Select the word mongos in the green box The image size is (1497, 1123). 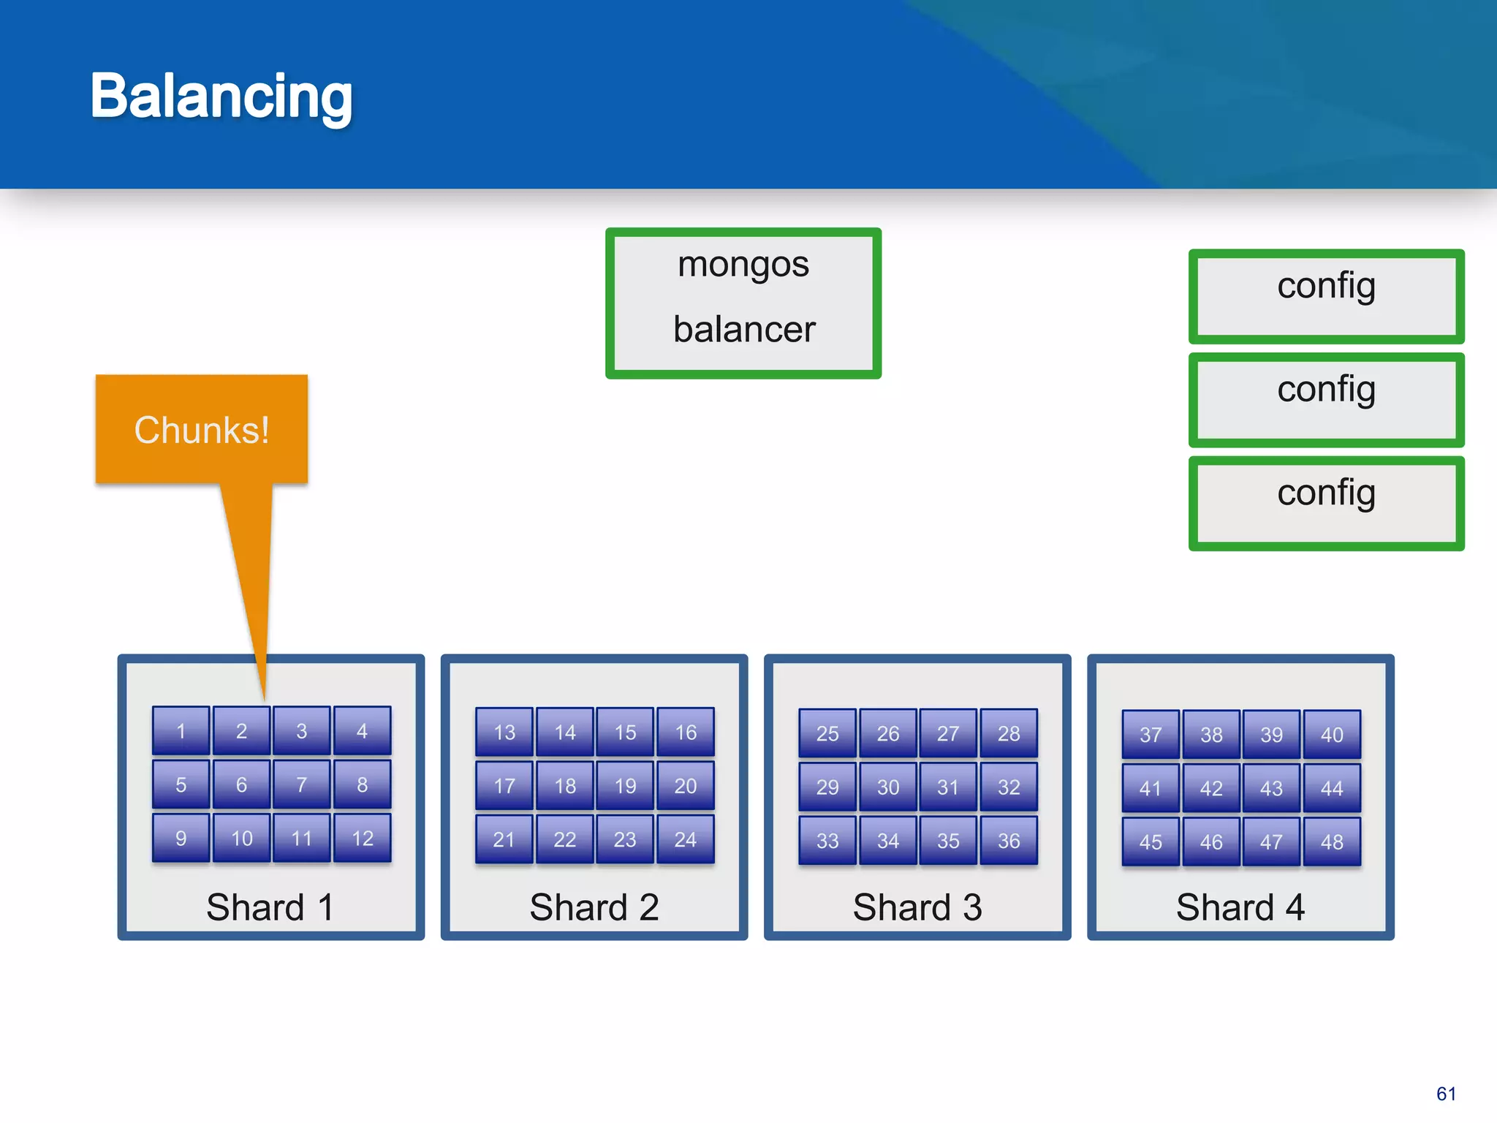pos(743,264)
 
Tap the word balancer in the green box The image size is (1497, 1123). pos(743,329)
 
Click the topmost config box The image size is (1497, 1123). pos(1326,296)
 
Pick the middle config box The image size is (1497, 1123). pos(1326,400)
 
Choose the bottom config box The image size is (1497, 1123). pos(1326,503)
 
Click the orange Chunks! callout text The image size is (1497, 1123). pos(202,429)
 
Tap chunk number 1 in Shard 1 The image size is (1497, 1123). pos(181,730)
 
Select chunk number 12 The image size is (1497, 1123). pos(363,838)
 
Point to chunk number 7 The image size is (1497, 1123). pos(302,784)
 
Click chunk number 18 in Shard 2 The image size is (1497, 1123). pos(565,786)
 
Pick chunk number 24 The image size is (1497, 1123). pos(686,839)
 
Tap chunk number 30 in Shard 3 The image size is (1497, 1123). pos(888,787)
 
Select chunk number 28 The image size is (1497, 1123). pos(1009,733)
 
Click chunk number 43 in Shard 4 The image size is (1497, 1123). pos(1271,788)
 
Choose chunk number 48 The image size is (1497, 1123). pos(1332,842)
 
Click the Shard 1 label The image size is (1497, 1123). pos(270,907)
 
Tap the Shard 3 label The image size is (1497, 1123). pos(917,907)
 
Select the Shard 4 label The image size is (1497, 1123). pos(1240,907)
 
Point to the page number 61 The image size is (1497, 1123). pos(1446,1094)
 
